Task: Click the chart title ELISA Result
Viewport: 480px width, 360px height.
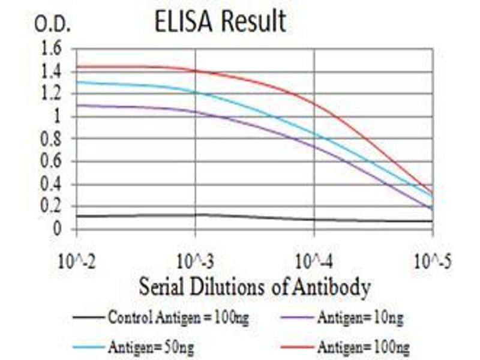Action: point(220,22)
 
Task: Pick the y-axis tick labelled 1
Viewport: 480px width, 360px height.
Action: point(57,117)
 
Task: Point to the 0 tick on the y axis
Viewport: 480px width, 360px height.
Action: point(57,229)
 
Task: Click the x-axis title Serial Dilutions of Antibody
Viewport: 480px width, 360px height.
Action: point(254,287)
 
